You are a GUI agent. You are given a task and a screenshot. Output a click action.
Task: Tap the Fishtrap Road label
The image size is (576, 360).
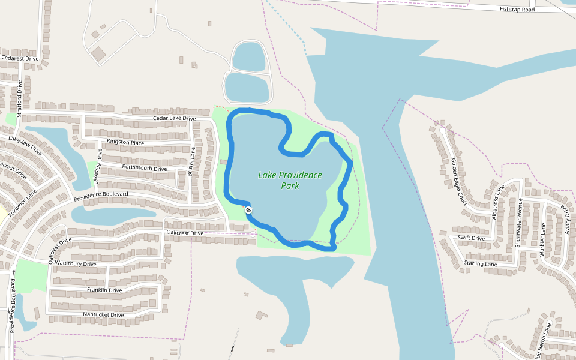(517, 9)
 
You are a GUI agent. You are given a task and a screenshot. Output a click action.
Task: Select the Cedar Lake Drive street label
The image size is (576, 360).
(174, 119)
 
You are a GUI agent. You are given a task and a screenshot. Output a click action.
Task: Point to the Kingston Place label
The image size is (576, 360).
(125, 142)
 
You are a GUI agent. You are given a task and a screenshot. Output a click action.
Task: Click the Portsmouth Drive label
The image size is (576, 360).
(144, 168)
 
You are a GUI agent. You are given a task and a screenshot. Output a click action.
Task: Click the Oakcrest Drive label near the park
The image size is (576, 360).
(185, 233)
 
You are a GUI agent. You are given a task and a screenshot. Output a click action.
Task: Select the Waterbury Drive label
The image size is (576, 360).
(76, 263)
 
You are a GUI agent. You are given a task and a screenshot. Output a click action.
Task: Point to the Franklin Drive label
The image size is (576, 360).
(104, 290)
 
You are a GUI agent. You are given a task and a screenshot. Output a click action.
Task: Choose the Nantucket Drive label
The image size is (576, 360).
(104, 314)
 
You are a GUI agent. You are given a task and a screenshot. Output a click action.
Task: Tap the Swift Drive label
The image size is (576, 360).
(471, 238)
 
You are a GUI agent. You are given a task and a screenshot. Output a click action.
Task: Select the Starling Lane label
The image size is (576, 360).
(481, 264)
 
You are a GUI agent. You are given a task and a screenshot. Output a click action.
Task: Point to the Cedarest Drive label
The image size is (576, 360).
(20, 58)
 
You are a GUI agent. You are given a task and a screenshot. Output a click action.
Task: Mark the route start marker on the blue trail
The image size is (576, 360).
(248, 210)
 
